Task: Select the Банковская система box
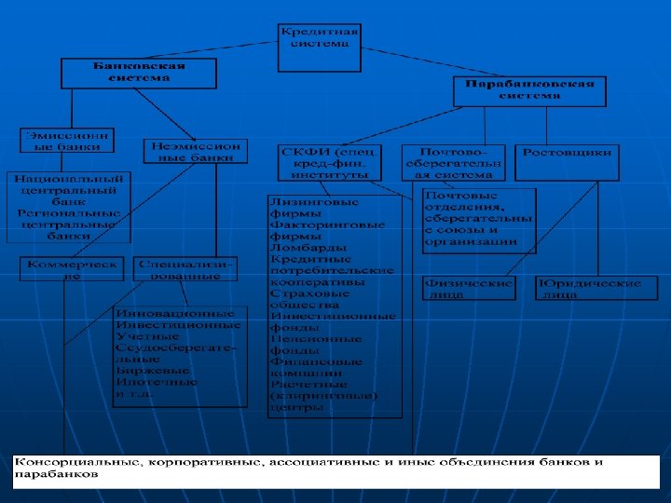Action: (x=138, y=73)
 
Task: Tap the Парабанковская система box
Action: (x=528, y=90)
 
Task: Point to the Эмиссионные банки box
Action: (x=68, y=141)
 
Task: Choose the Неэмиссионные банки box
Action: (x=196, y=152)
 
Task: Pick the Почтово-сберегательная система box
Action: (x=452, y=162)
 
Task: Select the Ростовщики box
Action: (x=567, y=152)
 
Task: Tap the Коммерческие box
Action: (x=73, y=269)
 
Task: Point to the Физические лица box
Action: (x=468, y=288)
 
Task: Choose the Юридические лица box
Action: (x=589, y=288)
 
